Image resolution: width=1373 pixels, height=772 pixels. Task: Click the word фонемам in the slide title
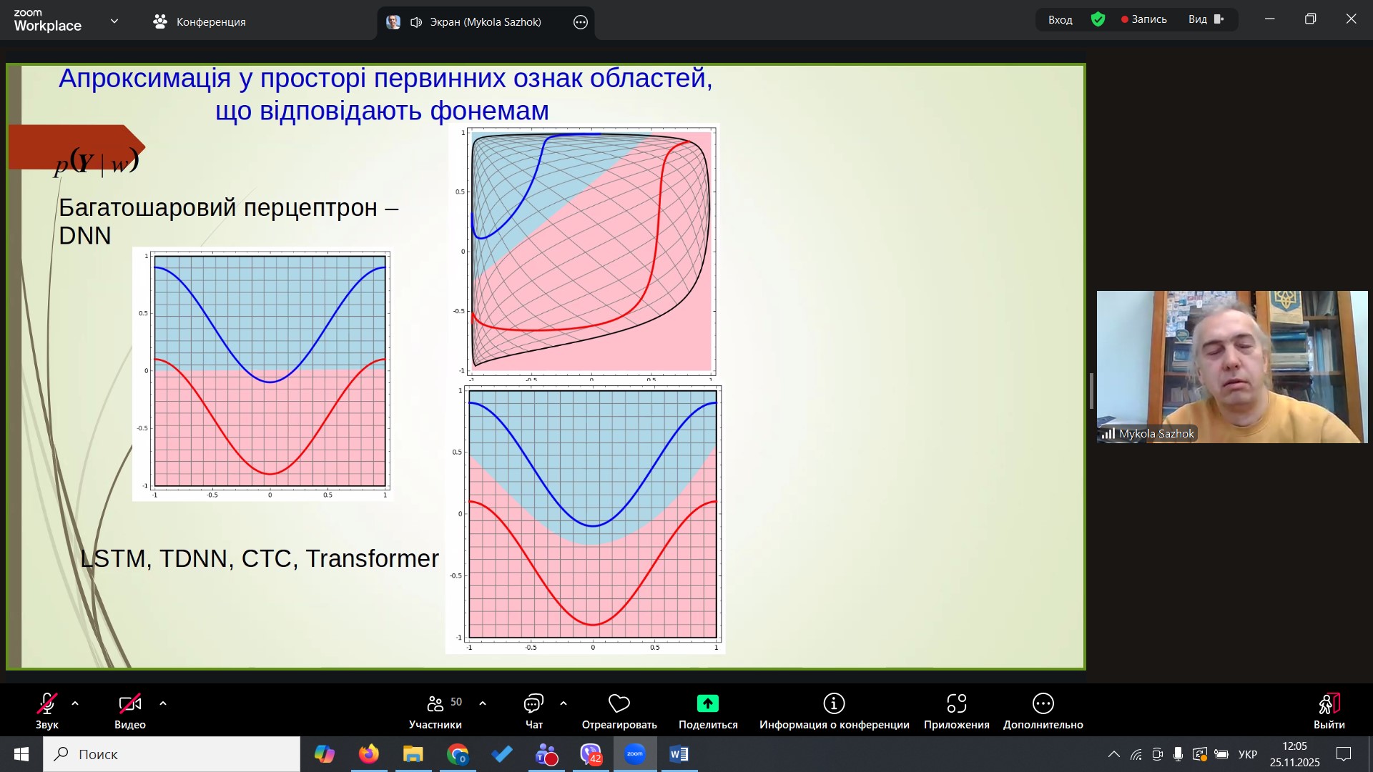point(489,111)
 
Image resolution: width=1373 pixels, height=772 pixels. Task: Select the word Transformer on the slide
point(372,558)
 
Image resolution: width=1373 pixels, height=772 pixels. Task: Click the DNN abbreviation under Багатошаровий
point(85,236)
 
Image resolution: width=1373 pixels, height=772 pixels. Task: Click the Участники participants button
point(435,712)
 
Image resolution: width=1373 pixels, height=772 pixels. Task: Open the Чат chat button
point(534,712)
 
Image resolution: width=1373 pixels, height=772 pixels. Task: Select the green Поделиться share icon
point(708,703)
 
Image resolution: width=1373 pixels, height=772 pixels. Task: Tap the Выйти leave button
point(1329,712)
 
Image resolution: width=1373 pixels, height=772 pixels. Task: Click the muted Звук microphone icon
point(47,703)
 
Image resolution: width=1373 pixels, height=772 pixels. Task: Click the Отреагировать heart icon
point(619,703)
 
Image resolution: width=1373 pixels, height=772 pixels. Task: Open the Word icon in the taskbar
point(679,754)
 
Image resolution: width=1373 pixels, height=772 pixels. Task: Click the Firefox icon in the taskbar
point(369,754)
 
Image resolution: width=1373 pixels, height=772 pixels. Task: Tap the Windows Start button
point(21,754)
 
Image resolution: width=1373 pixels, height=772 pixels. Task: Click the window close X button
point(1351,19)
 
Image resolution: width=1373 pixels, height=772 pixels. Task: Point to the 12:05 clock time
point(1295,746)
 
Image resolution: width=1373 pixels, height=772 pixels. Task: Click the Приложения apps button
point(957,712)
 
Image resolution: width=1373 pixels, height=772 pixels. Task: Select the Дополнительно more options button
point(1043,712)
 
